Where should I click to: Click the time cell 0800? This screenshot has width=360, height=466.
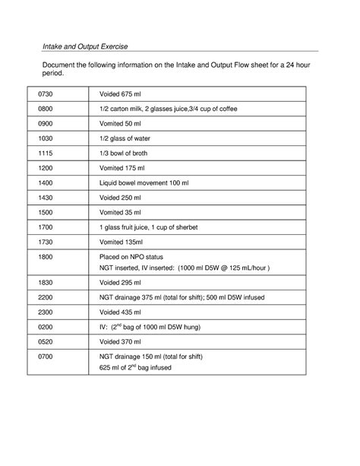47,109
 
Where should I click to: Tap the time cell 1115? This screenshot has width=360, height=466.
47,154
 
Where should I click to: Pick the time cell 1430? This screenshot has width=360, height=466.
47,198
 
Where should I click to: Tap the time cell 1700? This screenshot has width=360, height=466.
47,227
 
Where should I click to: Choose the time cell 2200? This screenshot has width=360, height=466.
47,296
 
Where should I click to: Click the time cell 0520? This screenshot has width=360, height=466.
47,341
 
